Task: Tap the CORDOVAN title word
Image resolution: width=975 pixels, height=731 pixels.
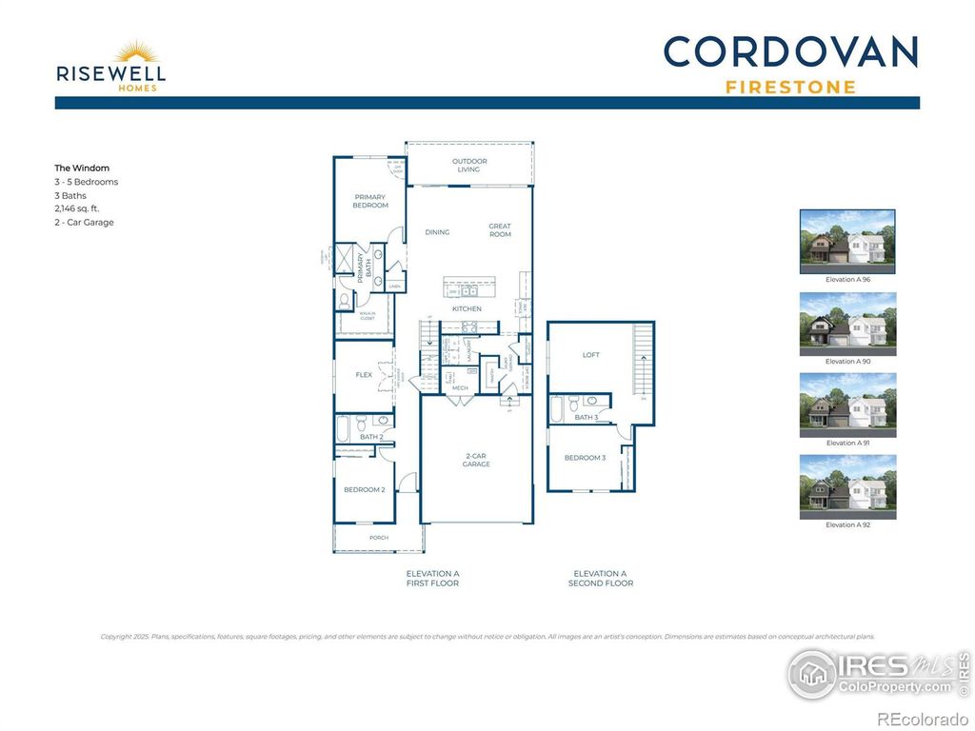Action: pos(790,52)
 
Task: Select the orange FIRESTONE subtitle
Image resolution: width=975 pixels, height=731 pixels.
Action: pos(790,88)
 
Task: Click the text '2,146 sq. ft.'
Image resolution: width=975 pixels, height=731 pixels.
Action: pos(77,208)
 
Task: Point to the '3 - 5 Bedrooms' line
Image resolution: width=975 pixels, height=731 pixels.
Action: pos(87,182)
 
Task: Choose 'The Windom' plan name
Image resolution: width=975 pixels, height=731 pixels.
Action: pos(82,168)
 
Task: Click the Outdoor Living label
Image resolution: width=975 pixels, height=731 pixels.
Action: pos(469,166)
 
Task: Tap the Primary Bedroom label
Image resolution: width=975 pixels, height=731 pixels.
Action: pos(370,201)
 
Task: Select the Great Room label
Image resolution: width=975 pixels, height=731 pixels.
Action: pos(500,230)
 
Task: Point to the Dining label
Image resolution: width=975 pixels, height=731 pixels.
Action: pos(437,232)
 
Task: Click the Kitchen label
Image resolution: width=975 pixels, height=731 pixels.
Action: pos(467,309)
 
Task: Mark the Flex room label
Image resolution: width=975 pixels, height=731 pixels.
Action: pos(364,375)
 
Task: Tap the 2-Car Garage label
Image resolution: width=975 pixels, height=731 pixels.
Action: pos(476,460)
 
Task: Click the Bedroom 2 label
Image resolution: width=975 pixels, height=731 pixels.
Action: pos(364,489)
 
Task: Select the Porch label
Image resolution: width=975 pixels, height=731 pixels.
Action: pos(379,537)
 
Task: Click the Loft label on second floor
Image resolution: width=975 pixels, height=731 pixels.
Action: pos(591,355)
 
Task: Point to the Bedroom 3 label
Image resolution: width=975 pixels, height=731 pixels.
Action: pos(585,458)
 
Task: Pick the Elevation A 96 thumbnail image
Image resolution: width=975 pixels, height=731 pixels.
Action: pos(847,241)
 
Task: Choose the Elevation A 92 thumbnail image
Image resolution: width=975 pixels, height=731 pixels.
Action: pos(847,486)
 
